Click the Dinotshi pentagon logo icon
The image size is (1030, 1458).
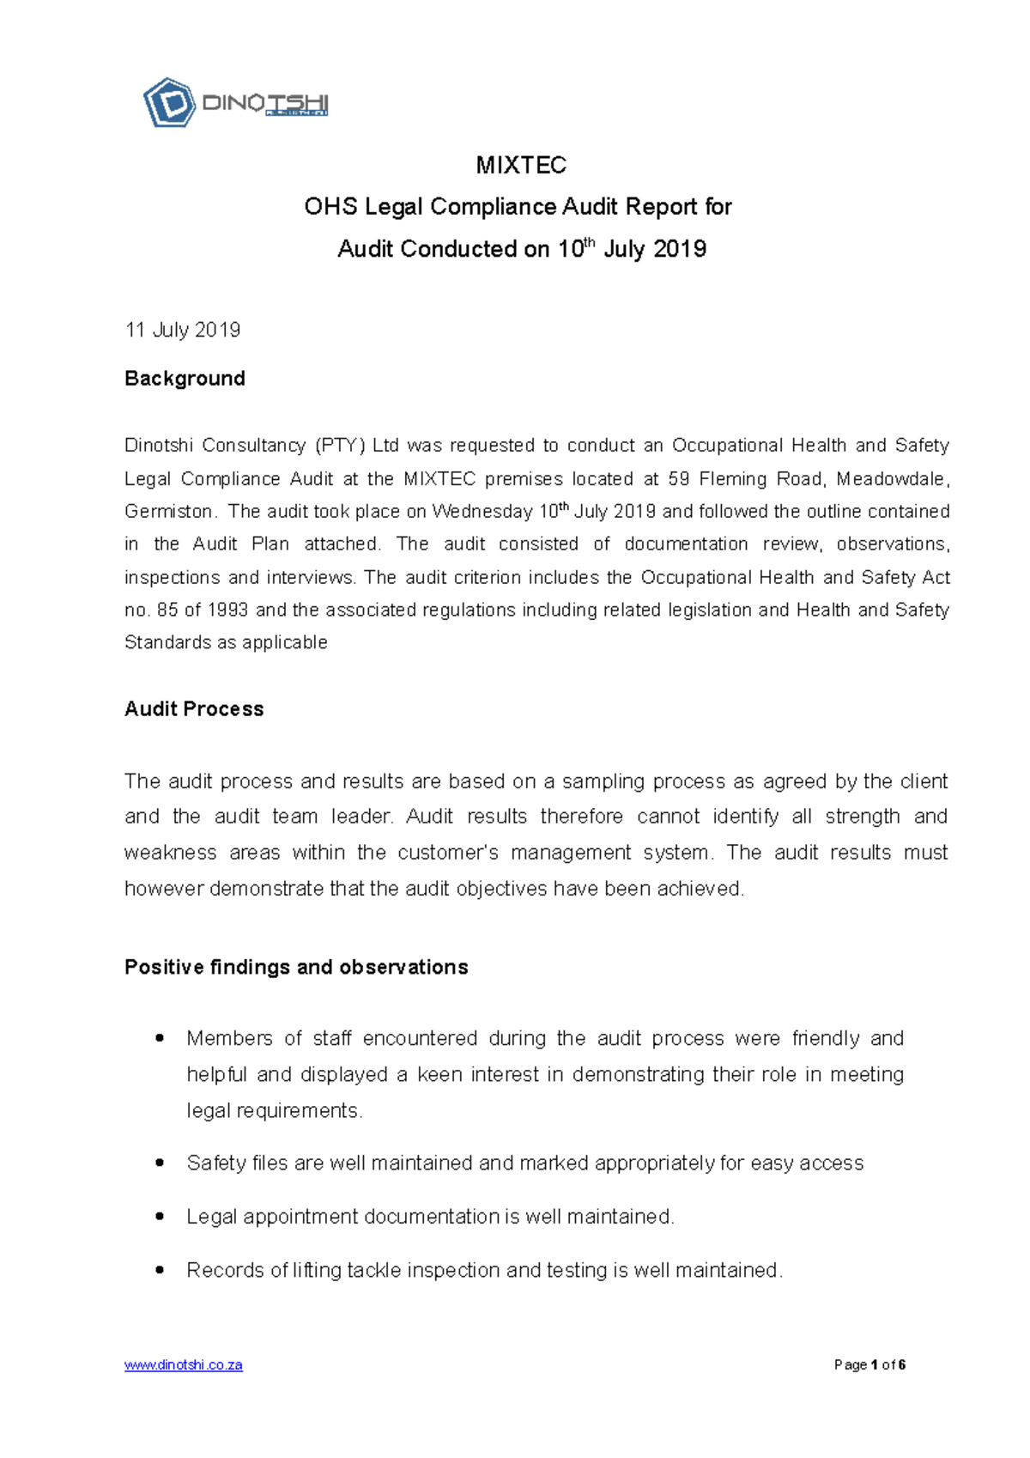click(169, 103)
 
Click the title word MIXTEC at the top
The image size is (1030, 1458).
click(521, 165)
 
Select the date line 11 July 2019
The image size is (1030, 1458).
click(182, 331)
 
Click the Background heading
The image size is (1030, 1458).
click(185, 379)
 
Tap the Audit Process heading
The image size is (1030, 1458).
click(194, 709)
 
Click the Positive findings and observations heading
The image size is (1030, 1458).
click(296, 968)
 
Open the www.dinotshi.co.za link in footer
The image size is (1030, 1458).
click(184, 1365)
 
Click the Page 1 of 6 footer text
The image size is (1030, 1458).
click(869, 1365)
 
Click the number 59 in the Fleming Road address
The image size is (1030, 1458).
click(678, 479)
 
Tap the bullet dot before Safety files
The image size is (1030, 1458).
click(160, 1163)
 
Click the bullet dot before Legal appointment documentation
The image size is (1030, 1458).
click(160, 1217)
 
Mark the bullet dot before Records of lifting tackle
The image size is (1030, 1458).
click(160, 1270)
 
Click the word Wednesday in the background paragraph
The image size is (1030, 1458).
click(482, 512)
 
